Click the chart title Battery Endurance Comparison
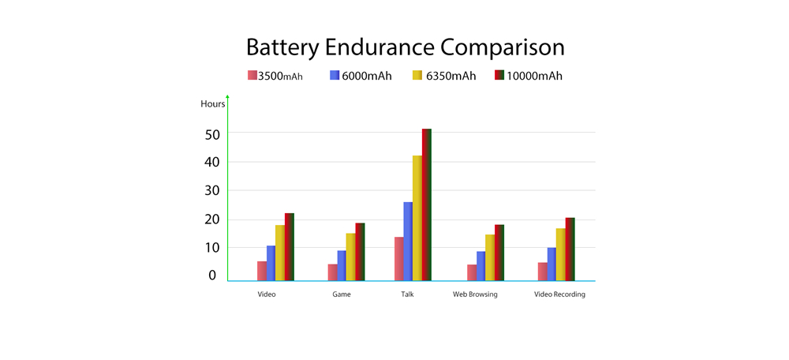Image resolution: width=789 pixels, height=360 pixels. click(405, 47)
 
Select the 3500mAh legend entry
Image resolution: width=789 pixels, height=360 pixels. click(275, 76)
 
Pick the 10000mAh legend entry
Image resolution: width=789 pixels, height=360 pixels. click(528, 76)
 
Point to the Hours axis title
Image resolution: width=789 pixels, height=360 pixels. click(212, 103)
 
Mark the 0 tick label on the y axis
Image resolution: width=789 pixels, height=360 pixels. click(212, 276)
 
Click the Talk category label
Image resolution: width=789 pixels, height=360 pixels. click(407, 294)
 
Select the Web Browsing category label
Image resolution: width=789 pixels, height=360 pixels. click(475, 294)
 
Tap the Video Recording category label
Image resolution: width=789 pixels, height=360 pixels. click(559, 294)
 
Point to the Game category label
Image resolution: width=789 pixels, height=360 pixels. click(342, 294)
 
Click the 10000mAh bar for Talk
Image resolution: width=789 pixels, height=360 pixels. click(427, 204)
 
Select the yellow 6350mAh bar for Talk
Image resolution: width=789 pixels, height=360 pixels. click(417, 218)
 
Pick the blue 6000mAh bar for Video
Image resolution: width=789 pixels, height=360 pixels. click(271, 263)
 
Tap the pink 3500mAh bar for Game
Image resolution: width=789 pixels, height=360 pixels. click(332, 272)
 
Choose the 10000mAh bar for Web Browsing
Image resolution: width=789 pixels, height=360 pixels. click(499, 253)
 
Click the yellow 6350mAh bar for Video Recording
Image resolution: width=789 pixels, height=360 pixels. click(561, 254)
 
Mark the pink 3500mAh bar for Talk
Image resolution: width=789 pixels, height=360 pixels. click(398, 259)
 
